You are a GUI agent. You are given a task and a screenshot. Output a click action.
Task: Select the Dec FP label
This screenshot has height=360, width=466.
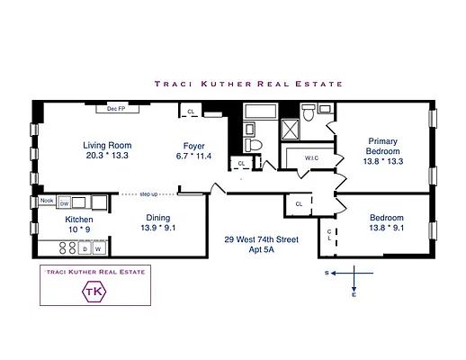(x=116, y=109)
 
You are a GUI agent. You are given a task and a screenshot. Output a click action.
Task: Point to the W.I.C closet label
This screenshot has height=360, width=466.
(x=312, y=158)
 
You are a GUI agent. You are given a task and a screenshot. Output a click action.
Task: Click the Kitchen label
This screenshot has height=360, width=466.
(x=53, y=219)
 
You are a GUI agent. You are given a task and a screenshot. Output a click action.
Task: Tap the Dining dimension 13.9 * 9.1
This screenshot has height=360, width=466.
(x=165, y=229)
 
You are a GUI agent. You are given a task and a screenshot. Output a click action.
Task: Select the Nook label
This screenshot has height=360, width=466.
(x=47, y=200)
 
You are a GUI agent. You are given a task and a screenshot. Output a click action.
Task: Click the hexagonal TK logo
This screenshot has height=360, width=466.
(x=94, y=292)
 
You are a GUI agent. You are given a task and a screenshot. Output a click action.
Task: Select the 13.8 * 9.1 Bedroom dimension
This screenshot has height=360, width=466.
(x=388, y=229)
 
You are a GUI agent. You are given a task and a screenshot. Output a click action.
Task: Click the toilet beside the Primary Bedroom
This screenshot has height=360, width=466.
(x=307, y=112)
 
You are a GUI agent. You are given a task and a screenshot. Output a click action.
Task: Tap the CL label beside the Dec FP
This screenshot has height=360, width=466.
(x=191, y=112)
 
